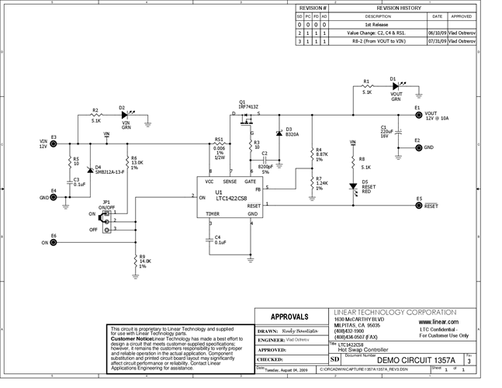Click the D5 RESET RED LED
(x=354, y=187)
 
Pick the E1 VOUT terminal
(x=416, y=114)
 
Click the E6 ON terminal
(x=53, y=241)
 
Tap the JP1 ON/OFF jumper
(x=106, y=221)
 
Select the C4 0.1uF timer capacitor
(x=210, y=240)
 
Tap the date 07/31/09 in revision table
(x=436, y=42)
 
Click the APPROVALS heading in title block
(x=289, y=317)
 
